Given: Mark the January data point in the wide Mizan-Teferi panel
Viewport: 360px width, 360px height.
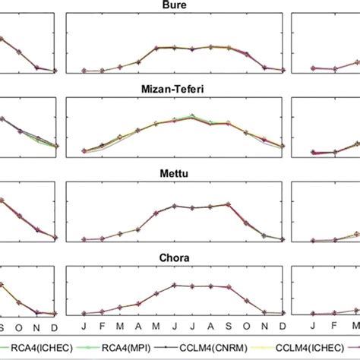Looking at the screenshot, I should pyautogui.click(x=84, y=150).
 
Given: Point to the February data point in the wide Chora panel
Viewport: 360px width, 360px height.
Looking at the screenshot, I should pyautogui.click(x=103, y=311).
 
